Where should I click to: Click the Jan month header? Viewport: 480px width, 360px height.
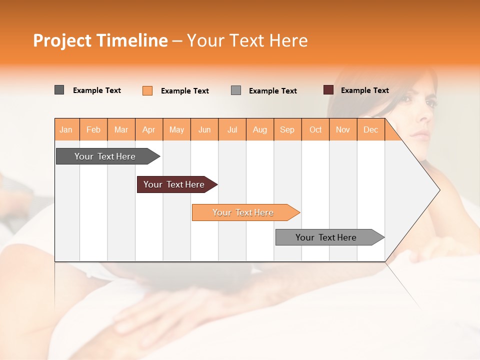pos(66,129)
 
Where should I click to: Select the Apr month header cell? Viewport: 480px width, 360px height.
pos(149,129)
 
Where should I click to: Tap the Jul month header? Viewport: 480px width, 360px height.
pos(232,129)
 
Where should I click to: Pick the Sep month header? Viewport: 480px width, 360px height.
pos(287,129)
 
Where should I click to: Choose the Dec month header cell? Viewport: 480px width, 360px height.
pos(371,129)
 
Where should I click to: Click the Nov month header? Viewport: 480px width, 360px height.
pos(343,129)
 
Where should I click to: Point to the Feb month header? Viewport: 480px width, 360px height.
pos(93,129)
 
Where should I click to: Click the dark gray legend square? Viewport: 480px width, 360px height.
pos(59,90)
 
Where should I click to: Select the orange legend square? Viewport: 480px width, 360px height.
pos(147,90)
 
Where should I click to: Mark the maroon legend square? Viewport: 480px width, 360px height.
pos(328,90)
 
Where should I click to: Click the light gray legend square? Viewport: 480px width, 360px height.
pos(236,90)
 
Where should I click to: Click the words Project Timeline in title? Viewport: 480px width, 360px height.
pos(100,40)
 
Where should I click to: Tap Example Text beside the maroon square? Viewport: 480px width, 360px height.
pos(364,90)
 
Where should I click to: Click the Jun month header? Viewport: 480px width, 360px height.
pos(204,129)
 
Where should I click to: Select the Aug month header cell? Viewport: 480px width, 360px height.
pos(260,129)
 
